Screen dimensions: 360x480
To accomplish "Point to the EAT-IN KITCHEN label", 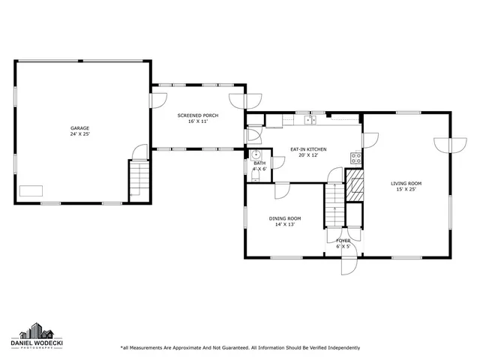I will [x=308, y=149].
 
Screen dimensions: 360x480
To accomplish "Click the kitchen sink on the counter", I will [x=310, y=119].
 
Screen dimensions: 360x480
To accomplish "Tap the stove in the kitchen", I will [x=356, y=158].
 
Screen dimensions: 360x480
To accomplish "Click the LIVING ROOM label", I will [x=406, y=183].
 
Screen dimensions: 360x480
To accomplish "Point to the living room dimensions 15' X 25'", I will [x=406, y=189].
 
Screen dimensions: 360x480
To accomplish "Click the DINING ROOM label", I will [x=284, y=218].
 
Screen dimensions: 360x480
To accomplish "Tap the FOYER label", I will [x=343, y=240].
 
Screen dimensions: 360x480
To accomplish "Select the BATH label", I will [x=259, y=163].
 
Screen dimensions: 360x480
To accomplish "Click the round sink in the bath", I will [x=255, y=156].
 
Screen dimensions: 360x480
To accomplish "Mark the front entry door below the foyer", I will [x=347, y=265].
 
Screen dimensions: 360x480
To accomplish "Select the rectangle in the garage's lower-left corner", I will [x=31, y=190].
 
